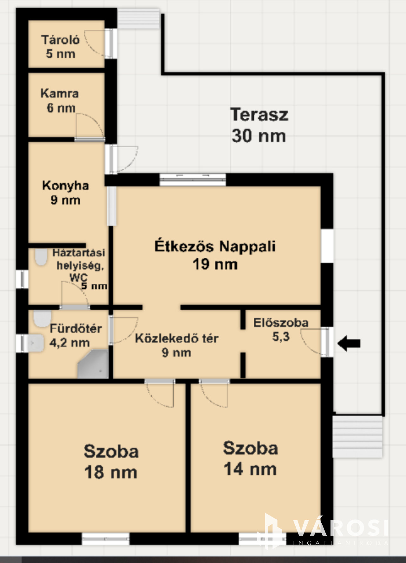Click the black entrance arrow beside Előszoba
click(x=349, y=343)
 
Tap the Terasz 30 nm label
click(x=259, y=125)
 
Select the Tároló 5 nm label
click(x=61, y=47)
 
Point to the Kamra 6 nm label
click(x=60, y=100)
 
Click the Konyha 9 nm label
click(x=65, y=193)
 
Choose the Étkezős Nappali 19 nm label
click(x=215, y=255)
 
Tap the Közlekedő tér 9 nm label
click(x=177, y=345)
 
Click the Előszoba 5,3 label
click(x=281, y=329)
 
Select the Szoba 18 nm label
click(x=111, y=462)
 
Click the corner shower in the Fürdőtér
click(x=93, y=364)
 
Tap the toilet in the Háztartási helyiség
click(x=41, y=256)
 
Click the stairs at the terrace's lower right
click(x=357, y=436)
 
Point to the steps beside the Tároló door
click(x=138, y=19)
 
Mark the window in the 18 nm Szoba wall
click(x=106, y=539)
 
